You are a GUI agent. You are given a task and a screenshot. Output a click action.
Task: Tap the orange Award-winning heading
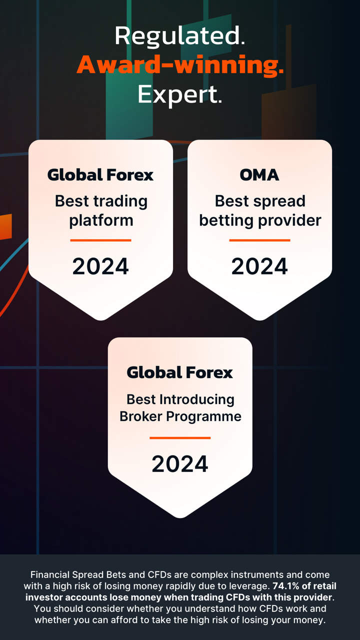point(180,65)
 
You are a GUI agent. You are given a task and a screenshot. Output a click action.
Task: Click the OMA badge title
point(259,175)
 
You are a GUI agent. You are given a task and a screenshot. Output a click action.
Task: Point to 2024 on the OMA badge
point(259,266)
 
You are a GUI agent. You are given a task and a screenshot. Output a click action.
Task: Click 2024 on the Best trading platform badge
point(100,266)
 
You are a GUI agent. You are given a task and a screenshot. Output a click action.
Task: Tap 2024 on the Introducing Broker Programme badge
point(180,464)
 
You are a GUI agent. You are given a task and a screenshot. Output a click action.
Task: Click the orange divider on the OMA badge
point(259,240)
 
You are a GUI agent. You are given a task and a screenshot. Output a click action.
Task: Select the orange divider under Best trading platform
point(100,240)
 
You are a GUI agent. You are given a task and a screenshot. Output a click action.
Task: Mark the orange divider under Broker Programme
point(180,437)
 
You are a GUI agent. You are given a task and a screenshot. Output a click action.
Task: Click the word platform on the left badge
point(101,221)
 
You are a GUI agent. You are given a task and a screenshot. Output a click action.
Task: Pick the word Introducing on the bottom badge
point(197,399)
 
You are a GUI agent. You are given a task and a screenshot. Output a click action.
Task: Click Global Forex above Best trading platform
point(100,175)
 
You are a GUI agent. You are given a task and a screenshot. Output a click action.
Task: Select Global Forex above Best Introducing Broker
point(180,372)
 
